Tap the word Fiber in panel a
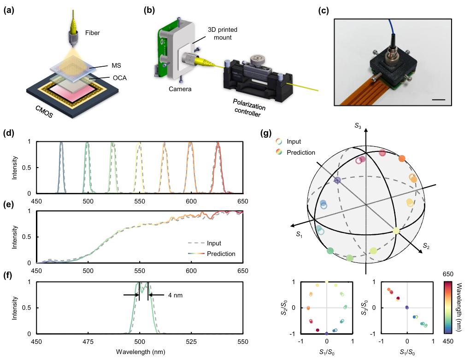92,33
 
